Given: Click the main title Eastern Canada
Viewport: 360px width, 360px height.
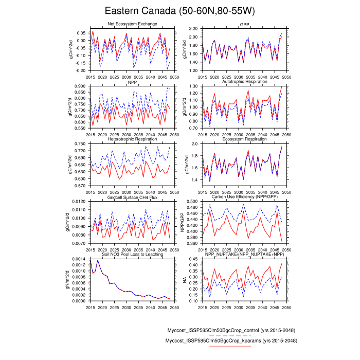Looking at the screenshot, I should click(x=179, y=11).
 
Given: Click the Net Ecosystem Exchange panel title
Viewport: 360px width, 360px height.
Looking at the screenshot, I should click(x=132, y=24).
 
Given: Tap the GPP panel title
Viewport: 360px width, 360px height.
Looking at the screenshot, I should click(x=244, y=25).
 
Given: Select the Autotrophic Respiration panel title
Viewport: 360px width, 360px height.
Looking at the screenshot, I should click(x=244, y=82).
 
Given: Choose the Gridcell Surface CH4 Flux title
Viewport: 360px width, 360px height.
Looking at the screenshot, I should click(x=132, y=197).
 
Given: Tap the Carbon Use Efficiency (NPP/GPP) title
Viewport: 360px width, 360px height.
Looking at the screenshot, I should click(x=244, y=197).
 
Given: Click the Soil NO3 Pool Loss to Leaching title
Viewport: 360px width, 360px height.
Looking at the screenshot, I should click(x=132, y=255).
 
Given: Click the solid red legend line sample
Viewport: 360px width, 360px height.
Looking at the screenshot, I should click(x=230, y=347).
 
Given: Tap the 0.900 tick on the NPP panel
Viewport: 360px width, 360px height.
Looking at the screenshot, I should click(x=80, y=86).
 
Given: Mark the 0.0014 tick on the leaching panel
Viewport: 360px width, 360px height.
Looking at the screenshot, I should click(x=79, y=259).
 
